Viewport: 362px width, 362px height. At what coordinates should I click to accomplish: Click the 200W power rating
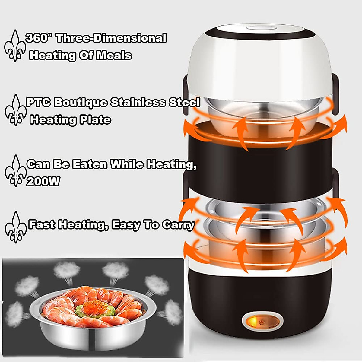tap(43, 181)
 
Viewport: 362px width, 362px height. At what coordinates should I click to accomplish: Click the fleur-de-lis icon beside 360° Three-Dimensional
tap(14, 46)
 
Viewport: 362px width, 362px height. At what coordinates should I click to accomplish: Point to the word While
tap(127, 164)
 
